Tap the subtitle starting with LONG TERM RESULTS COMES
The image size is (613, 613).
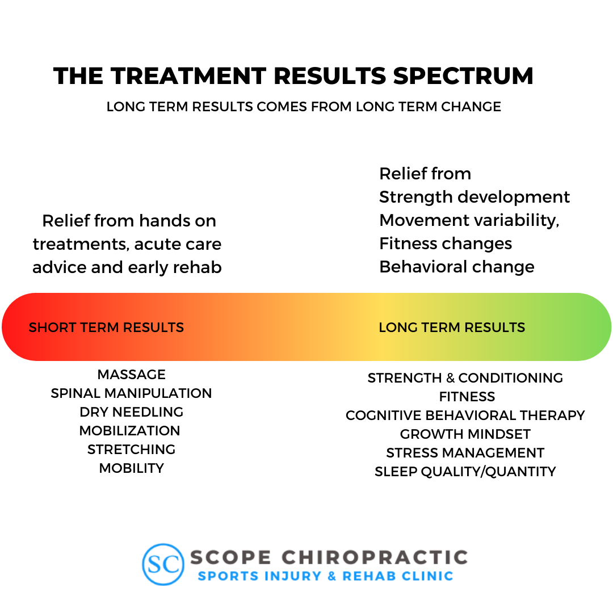pos(304,107)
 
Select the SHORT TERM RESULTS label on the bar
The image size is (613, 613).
pos(106,328)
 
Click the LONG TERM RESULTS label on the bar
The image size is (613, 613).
pos(452,328)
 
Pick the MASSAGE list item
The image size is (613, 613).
pos(131,375)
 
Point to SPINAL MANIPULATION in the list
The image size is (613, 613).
pos(131,393)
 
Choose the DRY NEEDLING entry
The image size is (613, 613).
pos(131,412)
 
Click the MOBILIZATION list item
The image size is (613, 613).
pos(129,431)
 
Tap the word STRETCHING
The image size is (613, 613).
pos(131,450)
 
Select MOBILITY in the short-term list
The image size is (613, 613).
pos(131,468)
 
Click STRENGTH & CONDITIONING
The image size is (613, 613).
pos(465,378)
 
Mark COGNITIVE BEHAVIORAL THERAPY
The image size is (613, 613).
pos(465,415)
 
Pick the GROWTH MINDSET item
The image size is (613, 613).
pos(465,434)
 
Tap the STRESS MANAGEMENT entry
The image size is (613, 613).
pos(465,453)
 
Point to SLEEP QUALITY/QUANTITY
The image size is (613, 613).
pos(465,472)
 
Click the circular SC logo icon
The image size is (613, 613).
pos(163,564)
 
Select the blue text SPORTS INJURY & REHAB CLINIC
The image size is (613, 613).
pos(325,576)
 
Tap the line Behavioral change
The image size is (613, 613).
pos(456,267)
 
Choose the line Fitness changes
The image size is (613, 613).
pos(446,243)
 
